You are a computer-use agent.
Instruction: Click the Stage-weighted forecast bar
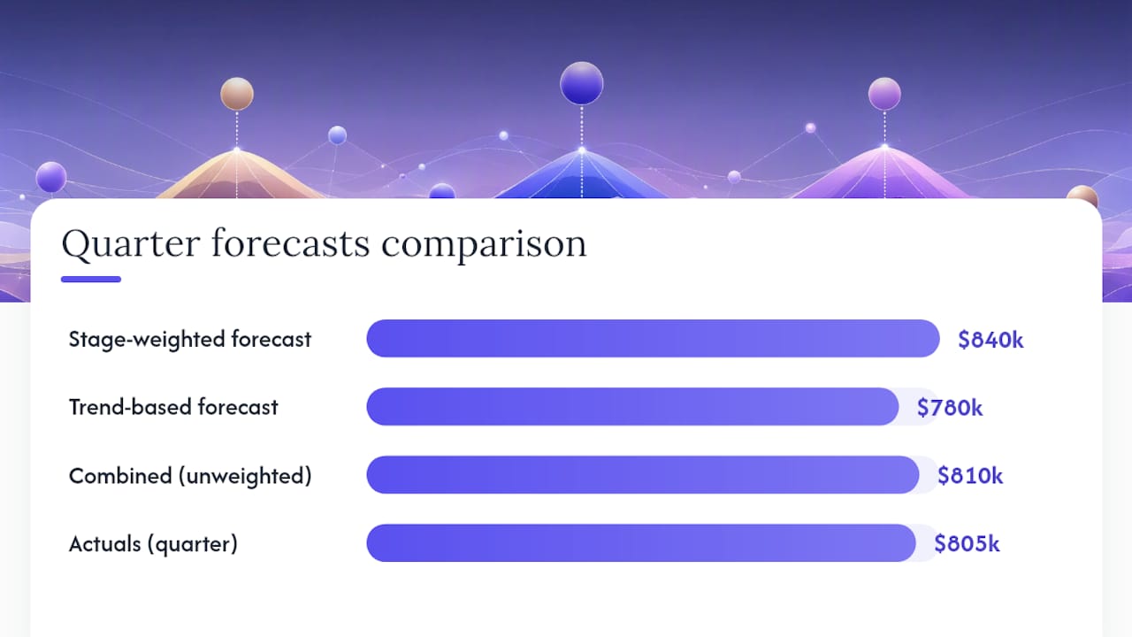[x=653, y=338]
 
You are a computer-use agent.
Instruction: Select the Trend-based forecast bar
[x=632, y=406]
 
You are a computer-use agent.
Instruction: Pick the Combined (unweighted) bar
[x=643, y=475]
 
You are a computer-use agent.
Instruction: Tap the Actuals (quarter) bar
[x=641, y=543]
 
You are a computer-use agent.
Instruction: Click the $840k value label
[x=990, y=339]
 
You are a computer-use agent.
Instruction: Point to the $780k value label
[x=950, y=408]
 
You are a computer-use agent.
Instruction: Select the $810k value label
[x=970, y=476]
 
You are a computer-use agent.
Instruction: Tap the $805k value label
[x=967, y=543]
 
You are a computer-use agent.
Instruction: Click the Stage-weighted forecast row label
[x=190, y=339]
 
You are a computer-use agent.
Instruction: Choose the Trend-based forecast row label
[x=173, y=407]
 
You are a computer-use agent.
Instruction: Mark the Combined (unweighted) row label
[x=190, y=476]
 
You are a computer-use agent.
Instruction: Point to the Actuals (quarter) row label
[x=153, y=544]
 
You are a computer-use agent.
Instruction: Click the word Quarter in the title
[x=131, y=244]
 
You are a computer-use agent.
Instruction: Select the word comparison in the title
[x=484, y=246]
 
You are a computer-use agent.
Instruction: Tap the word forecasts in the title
[x=291, y=243]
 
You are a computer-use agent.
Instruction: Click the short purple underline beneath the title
[x=91, y=279]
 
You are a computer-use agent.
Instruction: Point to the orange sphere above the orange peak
[x=236, y=94]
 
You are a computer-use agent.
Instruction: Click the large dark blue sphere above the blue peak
[x=581, y=83]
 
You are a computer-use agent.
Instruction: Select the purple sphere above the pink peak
[x=884, y=94]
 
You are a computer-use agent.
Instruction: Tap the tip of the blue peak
[x=582, y=150]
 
